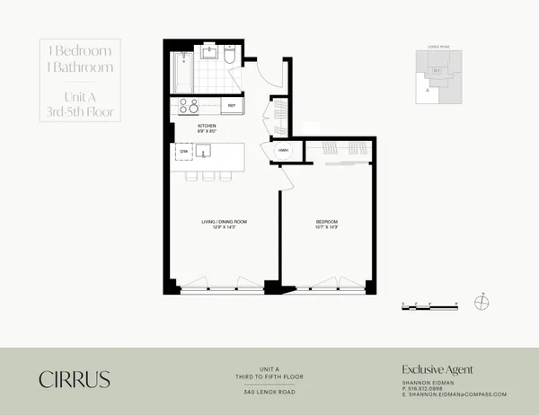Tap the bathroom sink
point(209,52)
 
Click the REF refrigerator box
point(231,105)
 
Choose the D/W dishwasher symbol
point(182,153)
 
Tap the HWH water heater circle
point(283,150)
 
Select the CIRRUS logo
point(75,379)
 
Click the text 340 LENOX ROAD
point(269,392)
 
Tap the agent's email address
point(455,394)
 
